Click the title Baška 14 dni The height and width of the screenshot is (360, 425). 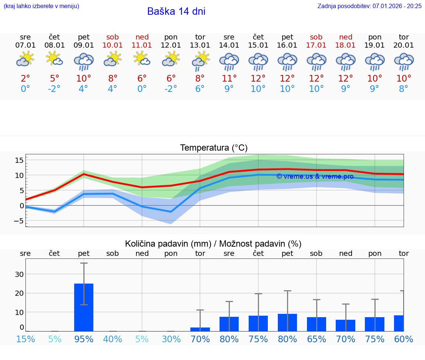176,11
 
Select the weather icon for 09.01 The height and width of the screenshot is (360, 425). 84,61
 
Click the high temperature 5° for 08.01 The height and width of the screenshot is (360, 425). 54,78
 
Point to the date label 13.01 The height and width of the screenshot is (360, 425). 200,45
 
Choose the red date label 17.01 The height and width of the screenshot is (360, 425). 316,45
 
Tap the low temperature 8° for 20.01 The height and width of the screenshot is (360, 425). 404,89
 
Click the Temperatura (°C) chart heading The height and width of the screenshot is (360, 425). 214,148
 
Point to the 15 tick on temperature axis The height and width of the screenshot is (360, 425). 19,160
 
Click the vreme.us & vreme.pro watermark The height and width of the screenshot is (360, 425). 315,176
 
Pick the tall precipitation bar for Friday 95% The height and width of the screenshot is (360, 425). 84,307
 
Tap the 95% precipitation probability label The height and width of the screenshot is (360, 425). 84,339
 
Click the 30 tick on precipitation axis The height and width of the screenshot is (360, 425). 19,274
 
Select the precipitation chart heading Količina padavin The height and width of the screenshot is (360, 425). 213,244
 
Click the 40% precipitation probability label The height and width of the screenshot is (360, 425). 113,339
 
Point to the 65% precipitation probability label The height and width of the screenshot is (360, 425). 316,339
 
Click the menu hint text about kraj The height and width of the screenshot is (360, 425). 41,6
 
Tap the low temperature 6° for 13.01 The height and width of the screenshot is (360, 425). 200,89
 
